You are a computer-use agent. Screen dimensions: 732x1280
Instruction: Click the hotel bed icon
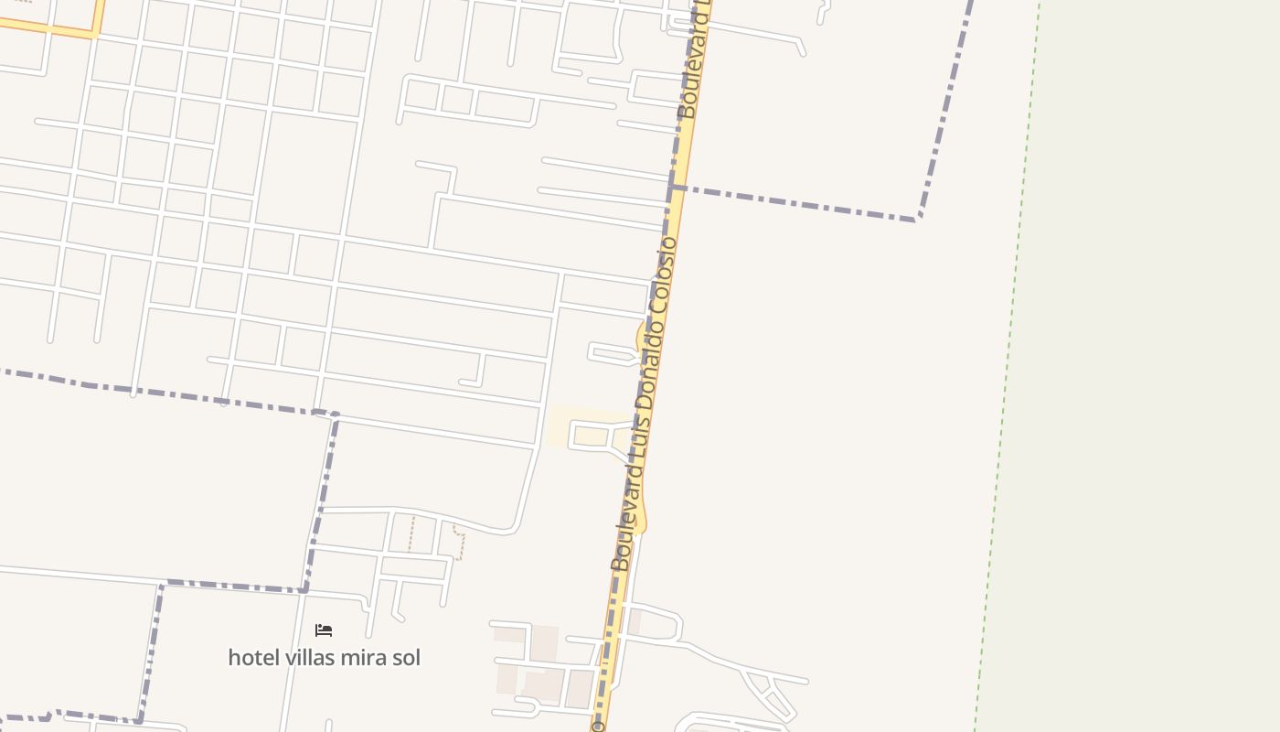pyautogui.click(x=324, y=630)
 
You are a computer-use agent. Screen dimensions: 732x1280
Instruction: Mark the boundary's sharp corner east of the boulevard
pyautogui.click(x=917, y=219)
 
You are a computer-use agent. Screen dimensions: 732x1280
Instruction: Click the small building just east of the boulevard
pyautogui.click(x=635, y=622)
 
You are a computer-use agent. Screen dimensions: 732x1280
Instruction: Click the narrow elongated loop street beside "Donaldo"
pyautogui.click(x=611, y=353)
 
